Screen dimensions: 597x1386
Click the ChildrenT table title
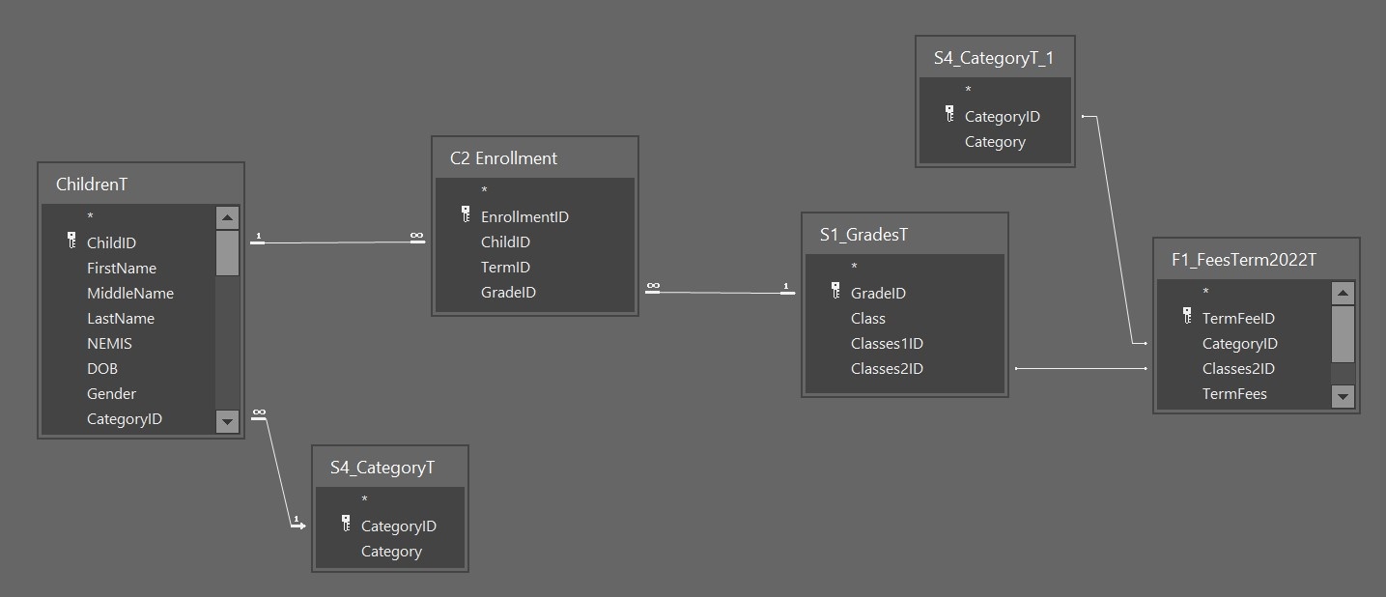(x=92, y=185)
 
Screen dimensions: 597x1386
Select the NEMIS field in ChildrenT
(x=109, y=344)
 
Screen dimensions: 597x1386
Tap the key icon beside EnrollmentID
(x=466, y=214)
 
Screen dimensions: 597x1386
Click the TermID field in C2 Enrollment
(x=505, y=268)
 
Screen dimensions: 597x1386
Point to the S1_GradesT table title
(x=863, y=235)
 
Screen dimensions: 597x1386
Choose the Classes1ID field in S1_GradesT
(x=887, y=344)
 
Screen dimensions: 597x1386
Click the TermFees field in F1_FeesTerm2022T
(x=1234, y=394)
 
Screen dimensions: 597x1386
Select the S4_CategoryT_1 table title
(x=993, y=58)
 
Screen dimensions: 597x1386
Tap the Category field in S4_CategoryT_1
(x=995, y=142)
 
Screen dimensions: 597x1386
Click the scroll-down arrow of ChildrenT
(x=227, y=420)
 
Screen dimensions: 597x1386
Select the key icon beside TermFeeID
(x=1187, y=316)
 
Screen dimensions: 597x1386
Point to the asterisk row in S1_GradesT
(x=854, y=267)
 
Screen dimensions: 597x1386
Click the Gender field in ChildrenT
(x=111, y=394)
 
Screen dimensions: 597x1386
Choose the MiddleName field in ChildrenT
(x=130, y=294)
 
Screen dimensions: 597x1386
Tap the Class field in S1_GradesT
(x=867, y=319)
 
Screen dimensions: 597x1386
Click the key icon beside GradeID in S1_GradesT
(x=835, y=291)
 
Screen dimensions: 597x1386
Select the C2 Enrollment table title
(x=503, y=158)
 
